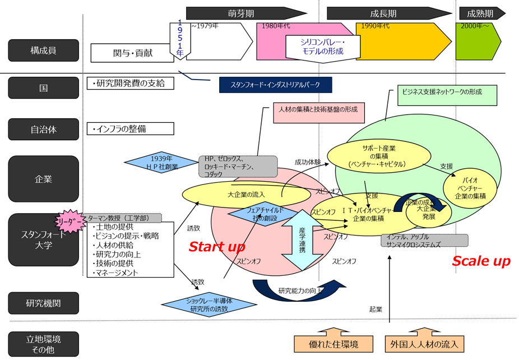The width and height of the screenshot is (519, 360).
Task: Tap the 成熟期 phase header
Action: pyautogui.click(x=480, y=13)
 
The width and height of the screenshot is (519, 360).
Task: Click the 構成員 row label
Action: pyautogui.click(x=43, y=50)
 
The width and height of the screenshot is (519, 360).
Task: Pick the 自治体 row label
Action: pyautogui.click(x=43, y=130)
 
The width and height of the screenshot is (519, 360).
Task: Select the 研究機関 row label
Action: pyautogui.click(x=43, y=303)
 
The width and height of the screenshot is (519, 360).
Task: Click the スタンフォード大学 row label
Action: pyautogui.click(x=43, y=239)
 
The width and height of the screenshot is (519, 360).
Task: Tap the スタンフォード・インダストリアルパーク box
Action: pyautogui.click(x=275, y=85)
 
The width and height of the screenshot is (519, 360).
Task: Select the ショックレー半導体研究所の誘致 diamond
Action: pyautogui.click(x=210, y=304)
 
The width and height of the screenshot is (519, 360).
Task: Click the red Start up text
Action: pyautogui.click(x=216, y=247)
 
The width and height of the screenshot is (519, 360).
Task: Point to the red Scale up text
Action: pyautogui.click(x=481, y=261)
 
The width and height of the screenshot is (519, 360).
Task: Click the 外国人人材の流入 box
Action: pyautogui.click(x=424, y=344)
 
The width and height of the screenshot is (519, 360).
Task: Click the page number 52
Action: pyautogui.click(x=457, y=331)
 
